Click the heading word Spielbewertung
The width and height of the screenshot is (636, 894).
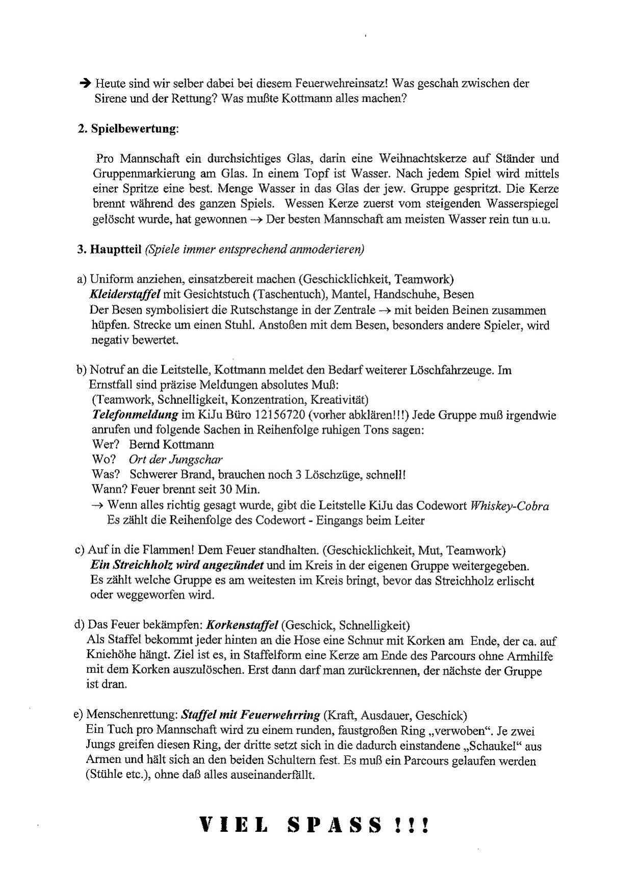coord(134,129)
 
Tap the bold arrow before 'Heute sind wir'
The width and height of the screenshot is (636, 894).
coord(85,83)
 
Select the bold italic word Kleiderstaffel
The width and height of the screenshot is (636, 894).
coord(125,294)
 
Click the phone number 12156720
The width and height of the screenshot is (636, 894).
coord(281,415)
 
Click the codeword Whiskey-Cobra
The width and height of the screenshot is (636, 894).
coord(510,506)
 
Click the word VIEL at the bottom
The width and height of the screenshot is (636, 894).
coord(233,825)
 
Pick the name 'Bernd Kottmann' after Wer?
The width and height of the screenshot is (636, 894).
coord(171,444)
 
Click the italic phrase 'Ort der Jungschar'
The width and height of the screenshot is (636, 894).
coord(176,459)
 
